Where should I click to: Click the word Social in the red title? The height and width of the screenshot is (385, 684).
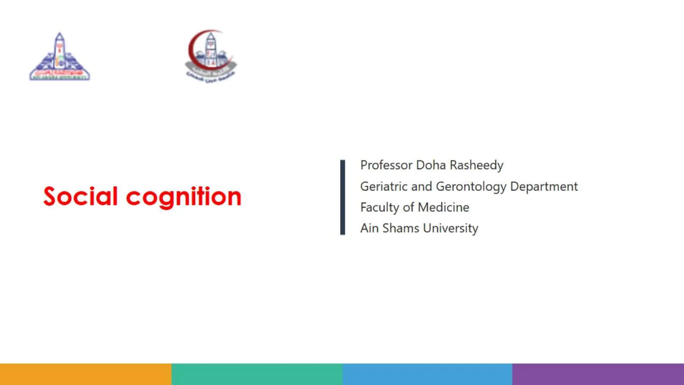[x=80, y=197]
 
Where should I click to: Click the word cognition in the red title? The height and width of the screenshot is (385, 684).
[x=183, y=197]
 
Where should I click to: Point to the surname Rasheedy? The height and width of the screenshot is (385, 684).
[x=477, y=165]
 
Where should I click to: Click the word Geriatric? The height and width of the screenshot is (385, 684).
[x=384, y=186]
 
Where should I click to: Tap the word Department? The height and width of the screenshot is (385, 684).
[x=544, y=186]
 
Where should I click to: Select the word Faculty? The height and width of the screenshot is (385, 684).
[x=380, y=208]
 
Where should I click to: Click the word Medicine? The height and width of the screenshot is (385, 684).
[x=444, y=208]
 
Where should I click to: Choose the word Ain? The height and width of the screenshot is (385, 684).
[x=369, y=228]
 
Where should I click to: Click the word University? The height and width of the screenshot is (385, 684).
[x=451, y=229]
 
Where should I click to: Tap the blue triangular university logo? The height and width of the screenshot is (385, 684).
[x=59, y=57]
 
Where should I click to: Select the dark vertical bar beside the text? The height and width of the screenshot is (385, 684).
[x=343, y=197]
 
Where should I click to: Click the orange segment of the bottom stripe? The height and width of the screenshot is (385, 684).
[x=85, y=374]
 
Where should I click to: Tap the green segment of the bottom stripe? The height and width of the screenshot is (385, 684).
[x=257, y=374]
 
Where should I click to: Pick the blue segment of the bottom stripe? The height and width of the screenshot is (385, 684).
[x=427, y=374]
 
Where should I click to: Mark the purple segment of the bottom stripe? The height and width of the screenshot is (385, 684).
[x=598, y=374]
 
